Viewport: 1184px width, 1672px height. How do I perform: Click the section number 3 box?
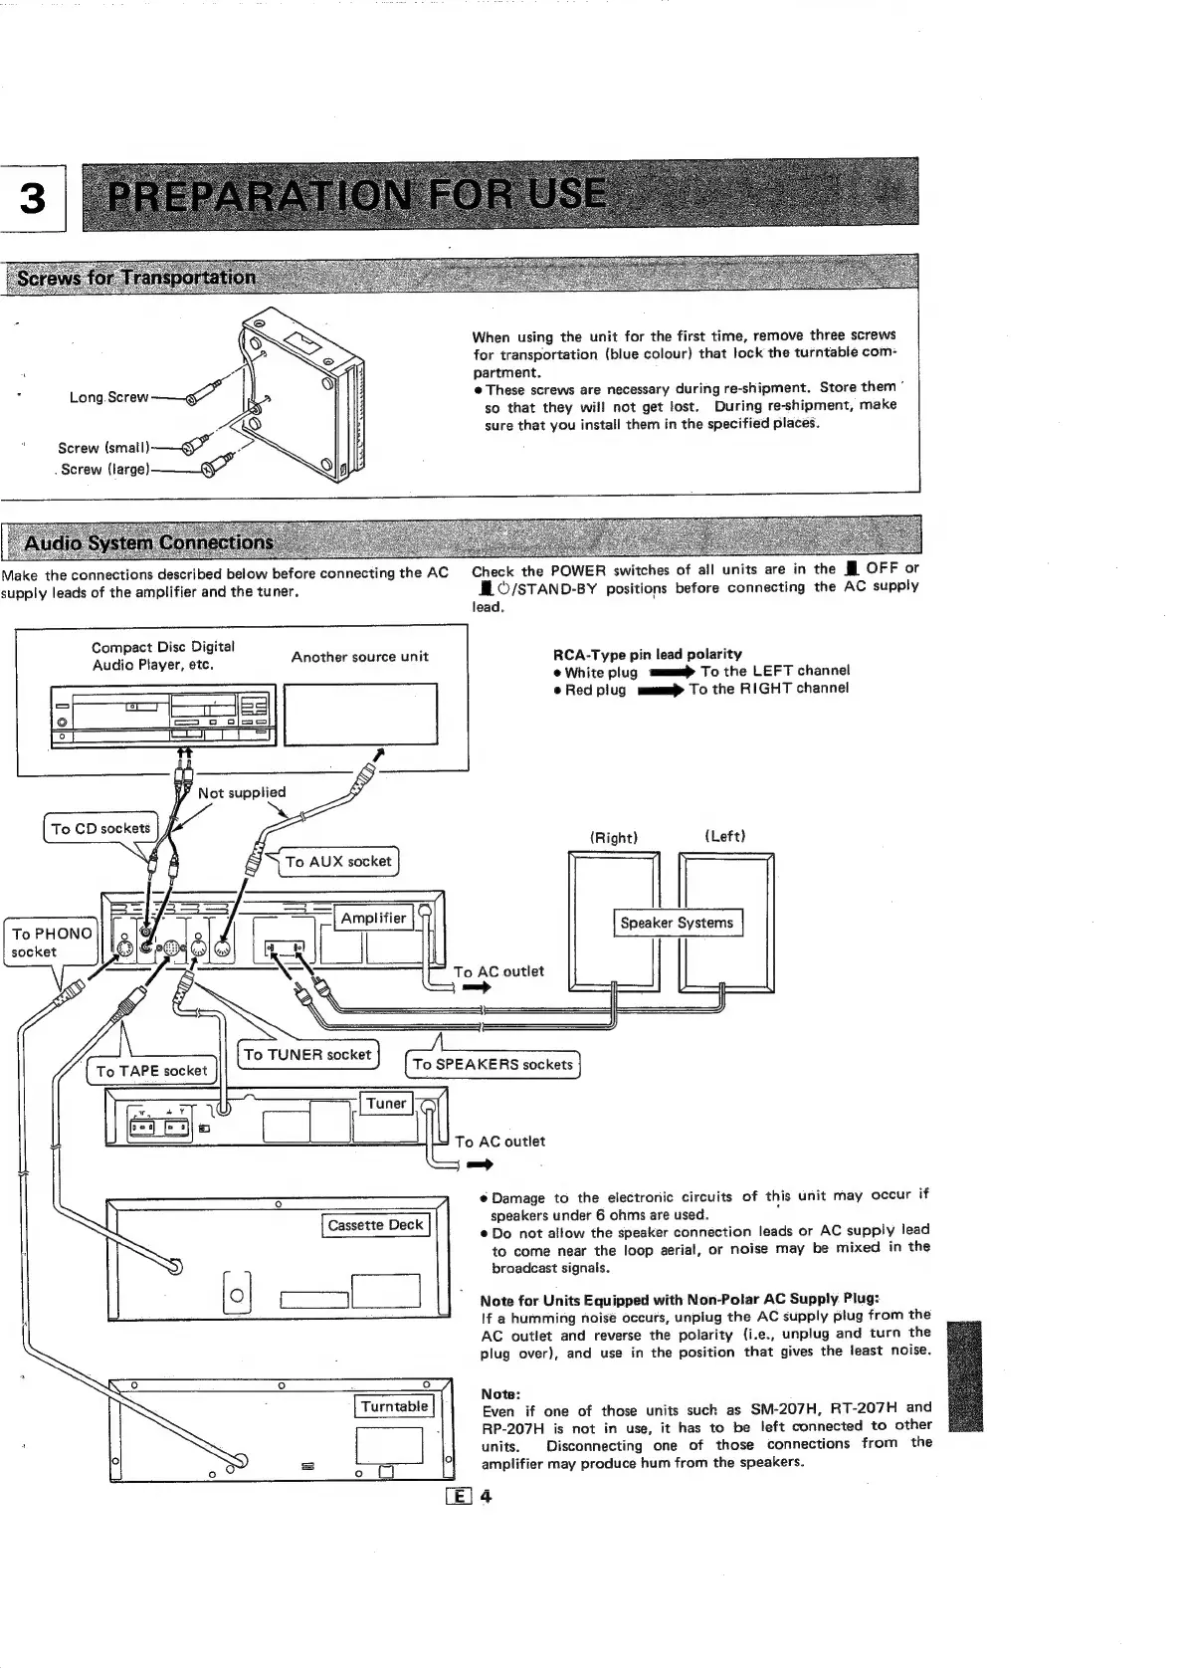tap(33, 198)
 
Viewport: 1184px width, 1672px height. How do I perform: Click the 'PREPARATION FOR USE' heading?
tap(356, 192)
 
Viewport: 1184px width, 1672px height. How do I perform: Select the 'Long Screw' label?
tap(107, 397)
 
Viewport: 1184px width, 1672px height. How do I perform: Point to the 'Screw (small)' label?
tap(103, 448)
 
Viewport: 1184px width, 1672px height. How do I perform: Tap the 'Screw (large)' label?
tap(104, 469)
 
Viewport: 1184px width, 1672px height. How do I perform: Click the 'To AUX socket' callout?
tap(338, 861)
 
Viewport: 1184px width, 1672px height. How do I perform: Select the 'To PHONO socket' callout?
tap(51, 941)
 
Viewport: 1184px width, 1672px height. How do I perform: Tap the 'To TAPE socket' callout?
tap(151, 1071)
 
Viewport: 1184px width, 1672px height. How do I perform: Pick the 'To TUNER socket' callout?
tap(307, 1054)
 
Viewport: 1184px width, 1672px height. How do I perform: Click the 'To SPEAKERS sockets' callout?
tap(493, 1064)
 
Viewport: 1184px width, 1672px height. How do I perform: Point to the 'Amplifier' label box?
tap(373, 918)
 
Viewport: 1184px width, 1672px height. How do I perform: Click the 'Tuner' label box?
tap(386, 1103)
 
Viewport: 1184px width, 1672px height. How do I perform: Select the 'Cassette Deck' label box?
tap(376, 1225)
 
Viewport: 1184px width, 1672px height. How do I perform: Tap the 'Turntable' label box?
tap(394, 1406)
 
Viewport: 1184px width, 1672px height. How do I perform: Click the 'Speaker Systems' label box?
tap(677, 923)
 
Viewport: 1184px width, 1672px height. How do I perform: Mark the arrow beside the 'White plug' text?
tap(671, 672)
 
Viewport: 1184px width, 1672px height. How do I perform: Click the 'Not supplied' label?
tap(242, 792)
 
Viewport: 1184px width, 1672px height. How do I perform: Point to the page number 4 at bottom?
tap(487, 1496)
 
